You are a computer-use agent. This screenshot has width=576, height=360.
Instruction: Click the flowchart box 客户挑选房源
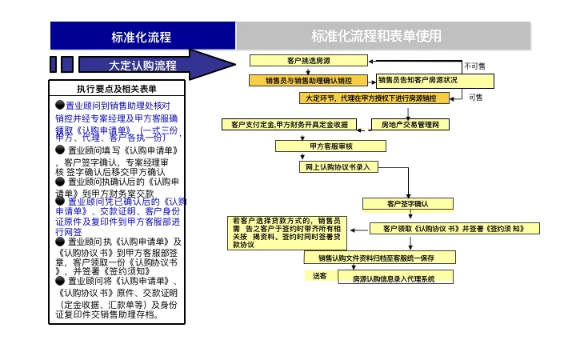pyautogui.click(x=308, y=61)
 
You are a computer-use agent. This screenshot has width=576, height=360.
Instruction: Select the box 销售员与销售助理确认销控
pyautogui.click(x=310, y=80)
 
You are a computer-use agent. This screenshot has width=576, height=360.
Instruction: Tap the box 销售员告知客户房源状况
pyautogui.click(x=418, y=80)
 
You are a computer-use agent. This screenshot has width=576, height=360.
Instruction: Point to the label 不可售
pyautogui.click(x=475, y=66)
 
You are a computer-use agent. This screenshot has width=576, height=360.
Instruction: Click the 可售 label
pyautogui.click(x=475, y=98)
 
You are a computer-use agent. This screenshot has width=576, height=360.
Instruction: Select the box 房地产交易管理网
pyautogui.click(x=410, y=125)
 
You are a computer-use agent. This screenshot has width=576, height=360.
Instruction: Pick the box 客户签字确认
pyautogui.click(x=408, y=204)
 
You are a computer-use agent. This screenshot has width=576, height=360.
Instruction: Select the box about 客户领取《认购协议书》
pyautogui.click(x=452, y=228)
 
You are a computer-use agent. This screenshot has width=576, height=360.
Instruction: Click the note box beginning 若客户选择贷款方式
pyautogui.click(x=287, y=232)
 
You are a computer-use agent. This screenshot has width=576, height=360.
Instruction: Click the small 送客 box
pyautogui.click(x=319, y=276)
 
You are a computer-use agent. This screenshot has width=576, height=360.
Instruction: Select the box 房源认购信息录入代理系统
pyautogui.click(x=393, y=278)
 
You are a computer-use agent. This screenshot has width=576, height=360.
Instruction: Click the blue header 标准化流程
pyautogui.click(x=142, y=37)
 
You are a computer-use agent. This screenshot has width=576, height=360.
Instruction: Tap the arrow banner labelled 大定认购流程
pyautogui.click(x=144, y=65)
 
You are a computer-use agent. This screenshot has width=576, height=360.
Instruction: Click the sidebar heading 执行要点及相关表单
pyautogui.click(x=117, y=89)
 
